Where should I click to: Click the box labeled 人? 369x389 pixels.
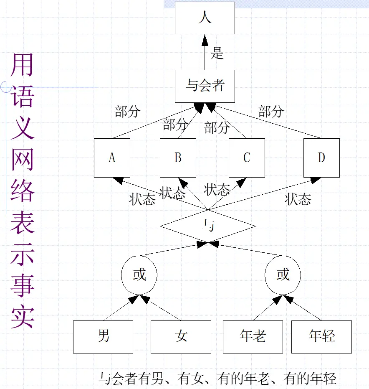[205, 18]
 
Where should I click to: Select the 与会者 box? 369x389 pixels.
[205, 86]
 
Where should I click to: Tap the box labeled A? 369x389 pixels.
[112, 158]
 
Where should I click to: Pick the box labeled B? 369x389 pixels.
[178, 158]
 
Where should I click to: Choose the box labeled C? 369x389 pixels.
[247, 158]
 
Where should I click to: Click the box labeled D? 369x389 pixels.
[321, 158]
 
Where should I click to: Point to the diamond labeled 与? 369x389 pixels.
[208, 226]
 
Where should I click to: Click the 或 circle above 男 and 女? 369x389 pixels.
[139, 275]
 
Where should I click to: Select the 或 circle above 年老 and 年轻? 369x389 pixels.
[283, 275]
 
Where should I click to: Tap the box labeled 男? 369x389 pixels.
[103, 337]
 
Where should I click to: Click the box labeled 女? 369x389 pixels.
[181, 337]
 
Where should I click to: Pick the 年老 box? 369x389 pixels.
[253, 337]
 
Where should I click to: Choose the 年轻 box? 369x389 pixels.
[321, 337]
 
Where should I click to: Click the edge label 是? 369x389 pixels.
[217, 53]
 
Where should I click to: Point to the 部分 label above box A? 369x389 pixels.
[127, 112]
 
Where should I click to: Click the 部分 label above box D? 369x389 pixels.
[271, 112]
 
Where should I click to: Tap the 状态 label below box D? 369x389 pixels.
[298, 199]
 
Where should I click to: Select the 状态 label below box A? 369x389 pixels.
[142, 199]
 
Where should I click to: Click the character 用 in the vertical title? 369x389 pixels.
[22, 65]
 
